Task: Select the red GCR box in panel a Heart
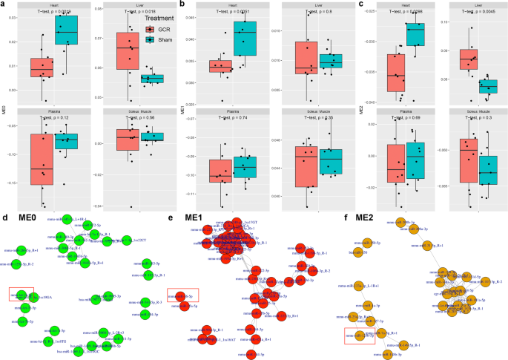[42, 67]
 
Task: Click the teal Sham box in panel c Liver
[488, 87]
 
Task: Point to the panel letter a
[4, 4]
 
